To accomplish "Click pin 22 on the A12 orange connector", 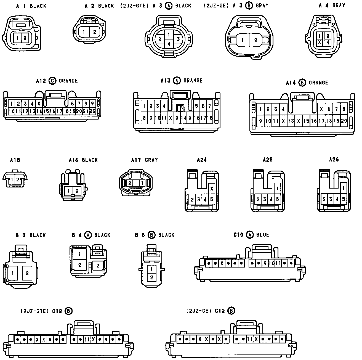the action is (x=92, y=111).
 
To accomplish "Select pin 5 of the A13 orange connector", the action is (x=197, y=106).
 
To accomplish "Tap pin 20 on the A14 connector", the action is (x=344, y=121).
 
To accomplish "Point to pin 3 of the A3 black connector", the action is (x=178, y=39).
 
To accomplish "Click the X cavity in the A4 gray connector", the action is (x=319, y=42).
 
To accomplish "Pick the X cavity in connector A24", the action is (x=212, y=189).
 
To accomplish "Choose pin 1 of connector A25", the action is (x=277, y=189).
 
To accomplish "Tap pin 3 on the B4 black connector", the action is (x=98, y=266).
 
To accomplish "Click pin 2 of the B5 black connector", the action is (x=151, y=277).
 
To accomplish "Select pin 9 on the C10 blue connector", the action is (x=265, y=263).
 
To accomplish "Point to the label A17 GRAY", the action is (x=144, y=160).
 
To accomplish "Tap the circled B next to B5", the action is (x=151, y=235).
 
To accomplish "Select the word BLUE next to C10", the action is (x=262, y=235).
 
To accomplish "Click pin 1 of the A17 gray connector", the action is (x=142, y=183).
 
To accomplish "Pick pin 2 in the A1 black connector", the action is (x=25, y=38).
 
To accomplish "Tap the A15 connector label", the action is (x=15, y=160).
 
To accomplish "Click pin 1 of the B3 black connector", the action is (x=13, y=273).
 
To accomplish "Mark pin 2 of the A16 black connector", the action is (x=77, y=191).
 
